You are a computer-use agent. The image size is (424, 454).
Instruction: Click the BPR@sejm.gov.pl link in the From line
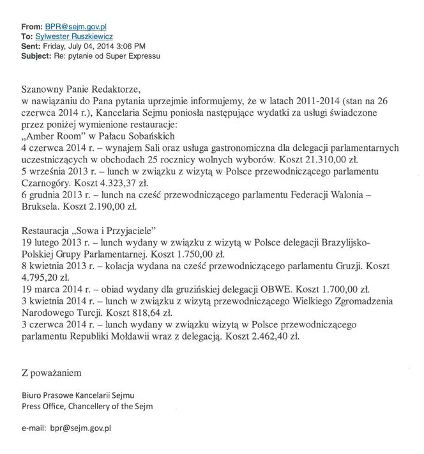click(76, 27)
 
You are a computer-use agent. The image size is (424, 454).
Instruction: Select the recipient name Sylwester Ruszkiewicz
click(75, 37)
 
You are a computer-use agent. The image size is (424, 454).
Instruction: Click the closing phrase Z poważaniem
click(51, 372)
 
